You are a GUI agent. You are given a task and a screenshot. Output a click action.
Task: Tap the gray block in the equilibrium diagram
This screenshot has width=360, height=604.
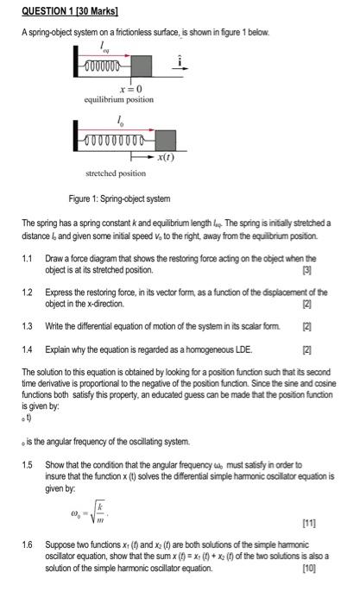[x=142, y=65]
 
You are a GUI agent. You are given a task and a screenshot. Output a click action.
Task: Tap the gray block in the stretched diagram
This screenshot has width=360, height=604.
[x=165, y=140]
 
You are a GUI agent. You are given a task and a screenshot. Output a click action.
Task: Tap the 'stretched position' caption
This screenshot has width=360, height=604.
[x=115, y=173]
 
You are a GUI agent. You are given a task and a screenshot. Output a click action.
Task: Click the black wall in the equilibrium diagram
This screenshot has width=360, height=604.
[x=76, y=65]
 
